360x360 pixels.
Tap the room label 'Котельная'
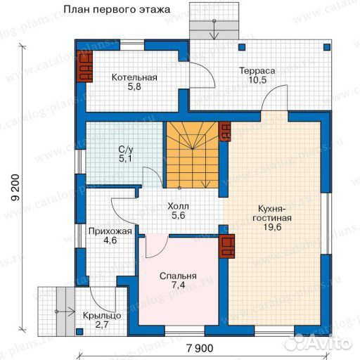134,77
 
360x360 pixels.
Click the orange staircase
193,155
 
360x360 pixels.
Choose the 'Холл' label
178,207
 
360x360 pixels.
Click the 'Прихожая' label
108,230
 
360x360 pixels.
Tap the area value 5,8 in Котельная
134,88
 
